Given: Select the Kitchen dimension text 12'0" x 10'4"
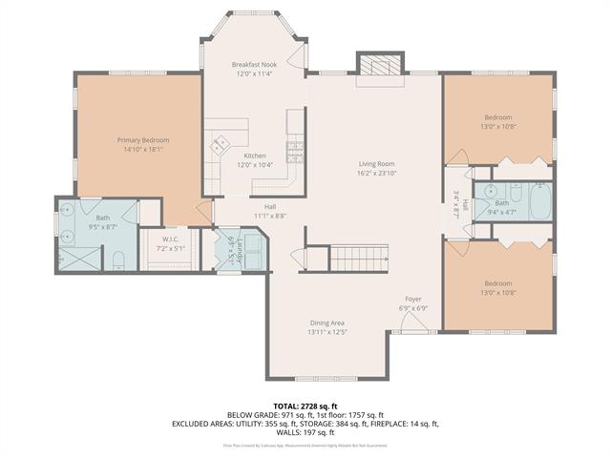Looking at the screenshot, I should pyautogui.click(x=254, y=165).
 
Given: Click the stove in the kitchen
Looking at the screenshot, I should pyautogui.click(x=295, y=149).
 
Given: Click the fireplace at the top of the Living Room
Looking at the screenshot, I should pyautogui.click(x=370, y=65).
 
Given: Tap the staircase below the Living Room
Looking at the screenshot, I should pyautogui.click(x=360, y=256).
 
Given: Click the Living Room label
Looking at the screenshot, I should pyautogui.click(x=376, y=163).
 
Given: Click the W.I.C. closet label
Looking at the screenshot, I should pyautogui.click(x=170, y=239).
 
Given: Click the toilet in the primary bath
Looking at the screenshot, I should pyautogui.click(x=116, y=260).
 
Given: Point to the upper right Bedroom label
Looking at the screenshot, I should pyautogui.click(x=496, y=117).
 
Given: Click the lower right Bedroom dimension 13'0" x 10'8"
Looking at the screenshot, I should pyautogui.click(x=496, y=292).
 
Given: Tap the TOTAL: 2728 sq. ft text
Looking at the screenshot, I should pyautogui.click(x=305, y=406).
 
